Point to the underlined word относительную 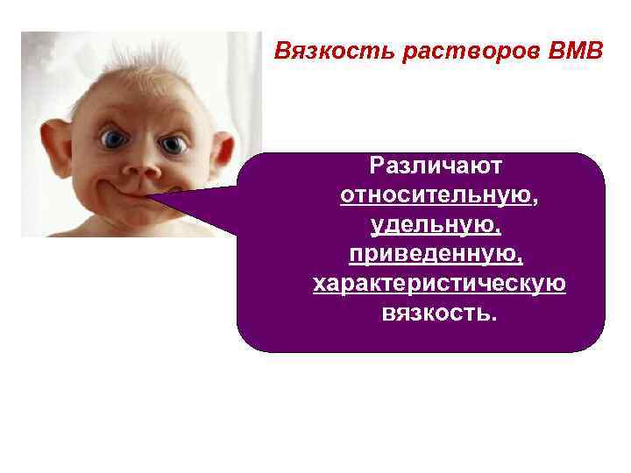pyautogui.click(x=435, y=195)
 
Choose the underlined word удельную pyautogui.click(x=435, y=225)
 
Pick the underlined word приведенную pyautogui.click(x=435, y=254)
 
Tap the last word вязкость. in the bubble pyautogui.click(x=439, y=313)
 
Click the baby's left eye pyautogui.click(x=114, y=139)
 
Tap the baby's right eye pyautogui.click(x=174, y=143)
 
